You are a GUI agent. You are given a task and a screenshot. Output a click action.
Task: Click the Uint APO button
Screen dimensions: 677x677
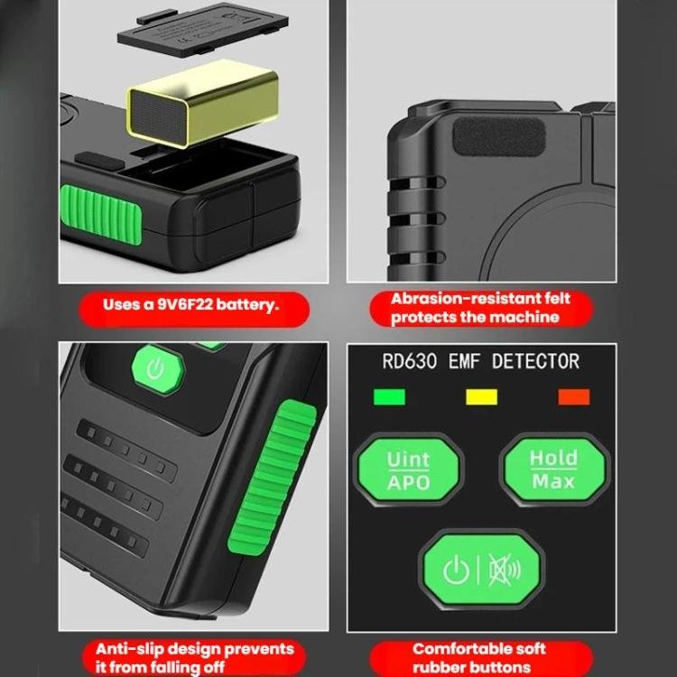408,469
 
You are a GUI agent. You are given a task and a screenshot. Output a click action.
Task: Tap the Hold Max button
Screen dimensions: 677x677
554,469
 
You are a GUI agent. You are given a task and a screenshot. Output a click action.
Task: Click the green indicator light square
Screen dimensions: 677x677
389,397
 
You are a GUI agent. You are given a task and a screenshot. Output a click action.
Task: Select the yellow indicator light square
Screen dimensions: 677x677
481,397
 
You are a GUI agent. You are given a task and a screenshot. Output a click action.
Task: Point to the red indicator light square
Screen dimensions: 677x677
574,397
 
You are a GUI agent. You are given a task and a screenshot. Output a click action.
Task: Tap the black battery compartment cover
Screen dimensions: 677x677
202,30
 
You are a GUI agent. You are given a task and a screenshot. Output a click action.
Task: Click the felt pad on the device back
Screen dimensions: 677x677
499,136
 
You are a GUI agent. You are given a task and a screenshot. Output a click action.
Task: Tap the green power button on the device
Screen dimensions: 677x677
158,369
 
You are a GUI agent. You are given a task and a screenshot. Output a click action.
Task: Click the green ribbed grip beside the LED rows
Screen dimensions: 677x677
272,478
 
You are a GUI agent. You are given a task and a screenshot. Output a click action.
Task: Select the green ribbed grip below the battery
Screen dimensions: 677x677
101,215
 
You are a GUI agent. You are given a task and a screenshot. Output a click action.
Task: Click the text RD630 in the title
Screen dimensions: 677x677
409,361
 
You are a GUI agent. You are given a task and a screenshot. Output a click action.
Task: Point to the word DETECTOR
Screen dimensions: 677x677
535,361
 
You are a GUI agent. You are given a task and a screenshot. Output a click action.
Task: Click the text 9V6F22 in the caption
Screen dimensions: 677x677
185,305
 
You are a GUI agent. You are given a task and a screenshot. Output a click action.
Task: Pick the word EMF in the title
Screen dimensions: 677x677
465,361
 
